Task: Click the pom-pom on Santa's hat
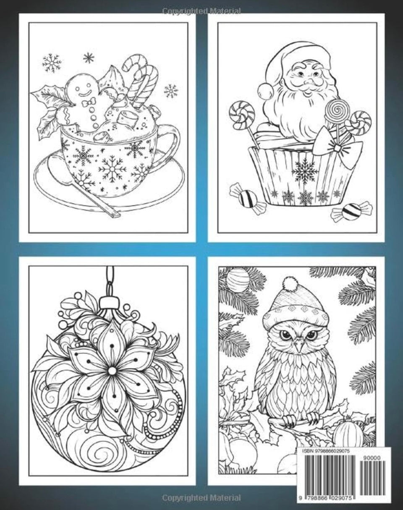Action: click(x=265, y=90)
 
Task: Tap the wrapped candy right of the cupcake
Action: click(x=351, y=211)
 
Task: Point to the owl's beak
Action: click(x=299, y=346)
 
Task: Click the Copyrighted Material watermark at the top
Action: click(x=201, y=11)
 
